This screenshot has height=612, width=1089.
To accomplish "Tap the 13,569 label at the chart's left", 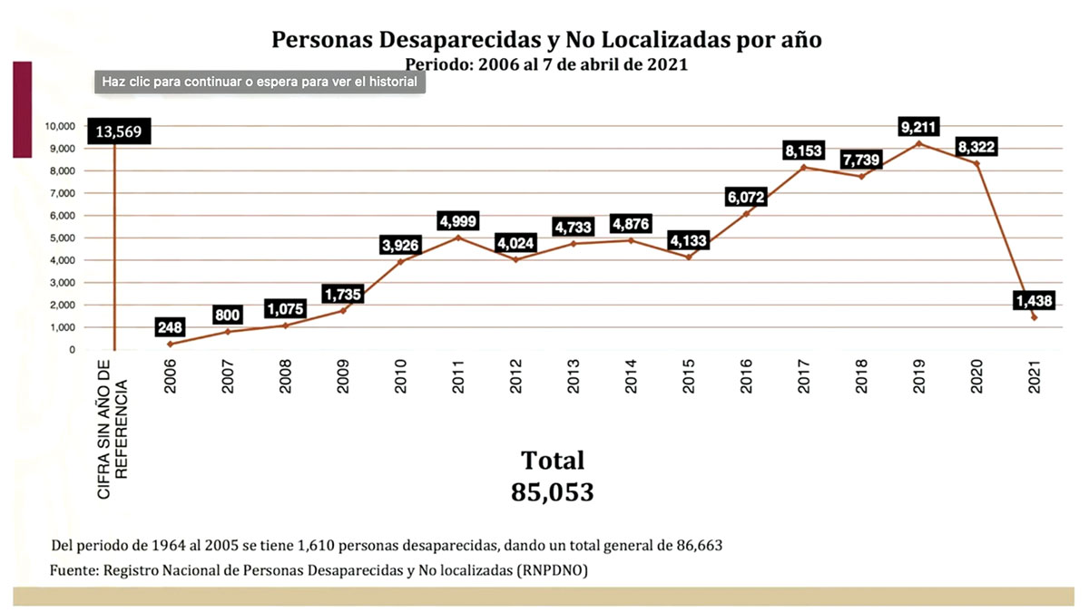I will point(114,131).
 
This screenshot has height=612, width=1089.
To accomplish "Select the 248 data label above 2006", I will point(170,327).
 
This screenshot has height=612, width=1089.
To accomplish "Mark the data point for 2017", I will point(804,168).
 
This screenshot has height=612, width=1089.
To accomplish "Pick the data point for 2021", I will point(1034,317).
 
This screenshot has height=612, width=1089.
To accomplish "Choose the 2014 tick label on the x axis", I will point(631,383).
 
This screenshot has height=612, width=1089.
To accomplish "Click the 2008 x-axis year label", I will point(285,383).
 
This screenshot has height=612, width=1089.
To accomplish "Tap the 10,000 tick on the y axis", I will point(62,126).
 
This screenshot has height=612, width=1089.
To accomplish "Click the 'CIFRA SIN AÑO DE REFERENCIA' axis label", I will point(113,428).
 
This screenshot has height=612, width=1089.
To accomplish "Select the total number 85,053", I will point(552,491).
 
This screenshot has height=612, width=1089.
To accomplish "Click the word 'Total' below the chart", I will point(552,460).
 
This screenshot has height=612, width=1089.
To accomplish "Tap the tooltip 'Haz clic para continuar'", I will point(260,82).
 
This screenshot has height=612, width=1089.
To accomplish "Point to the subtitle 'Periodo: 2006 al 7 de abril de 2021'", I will point(545,64).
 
